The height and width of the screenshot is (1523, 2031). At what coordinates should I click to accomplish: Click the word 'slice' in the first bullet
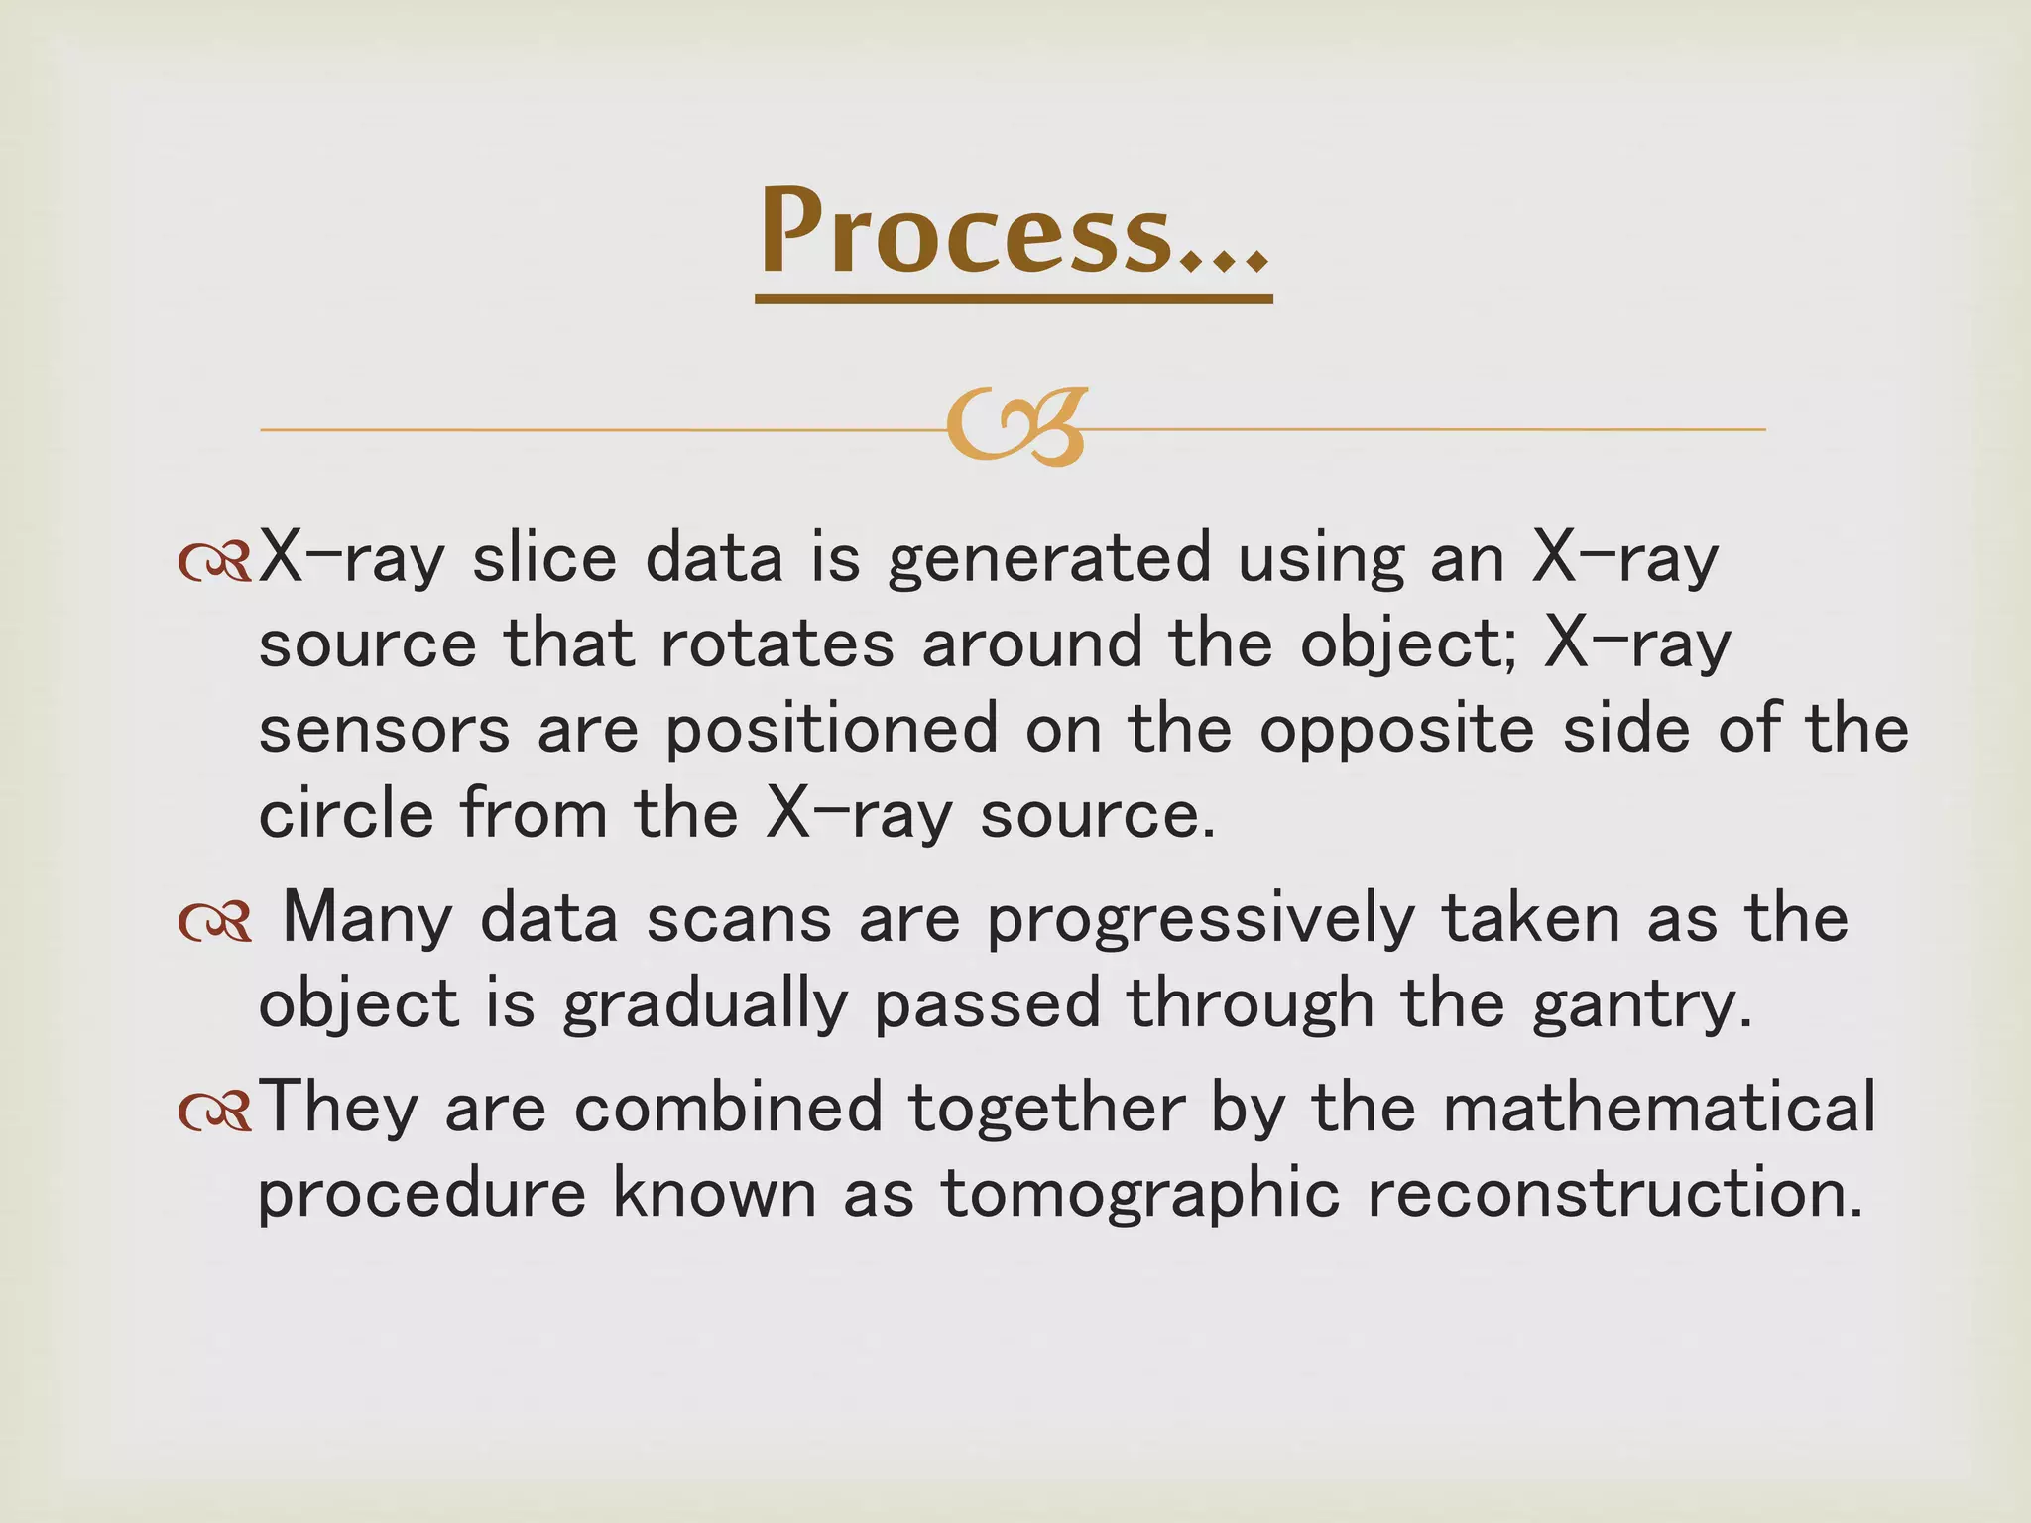pos(544,557)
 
